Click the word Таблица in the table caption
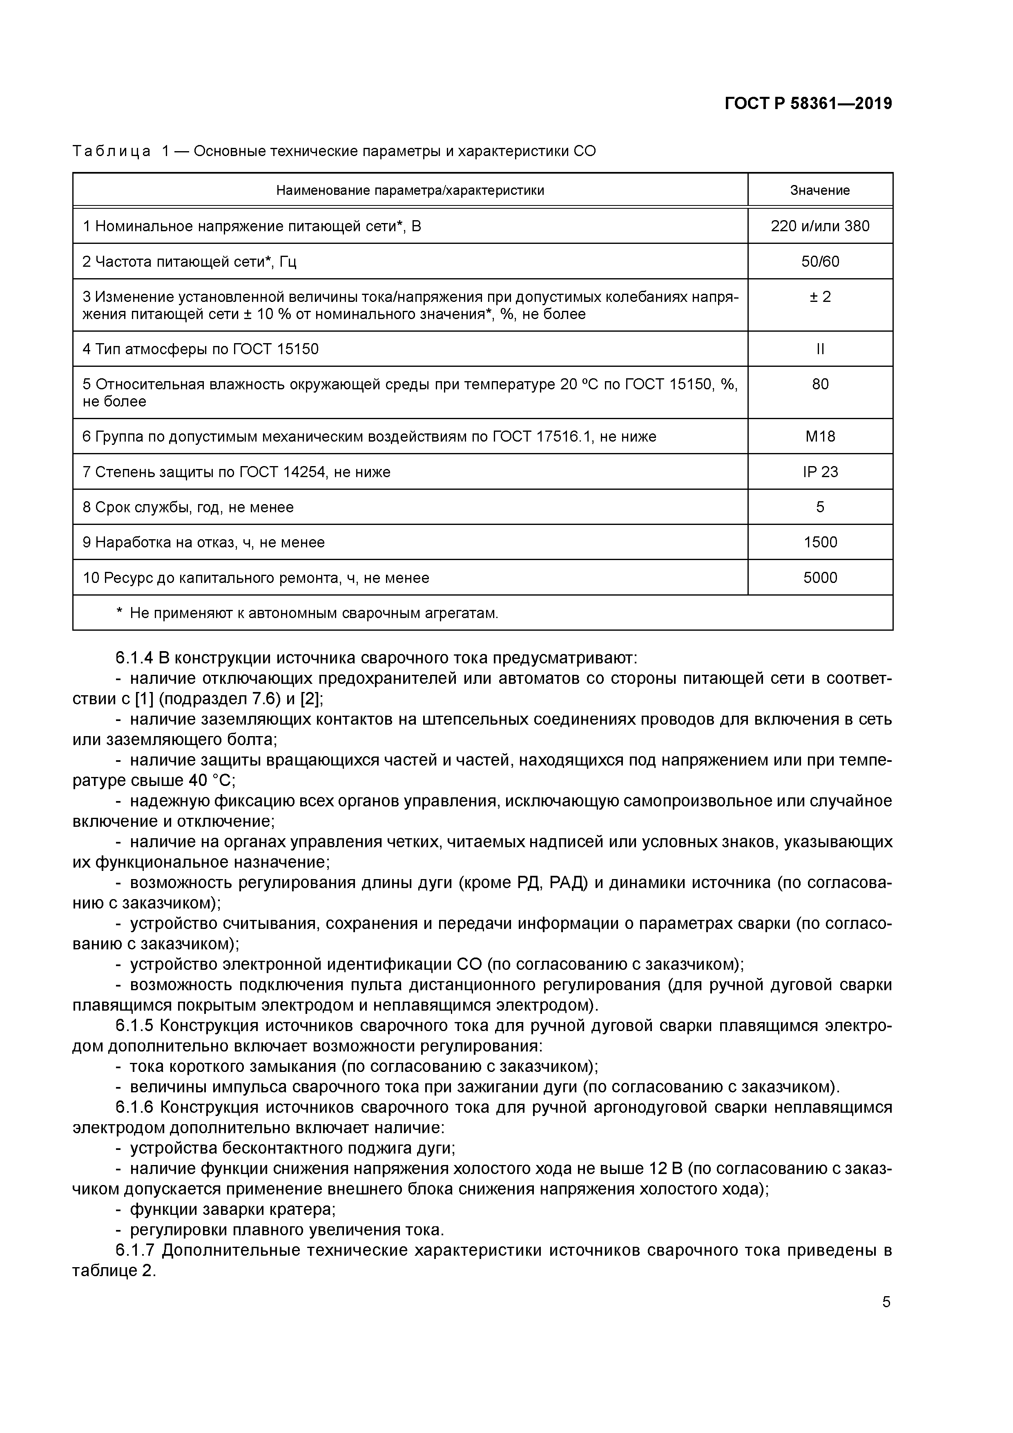tap(111, 152)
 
